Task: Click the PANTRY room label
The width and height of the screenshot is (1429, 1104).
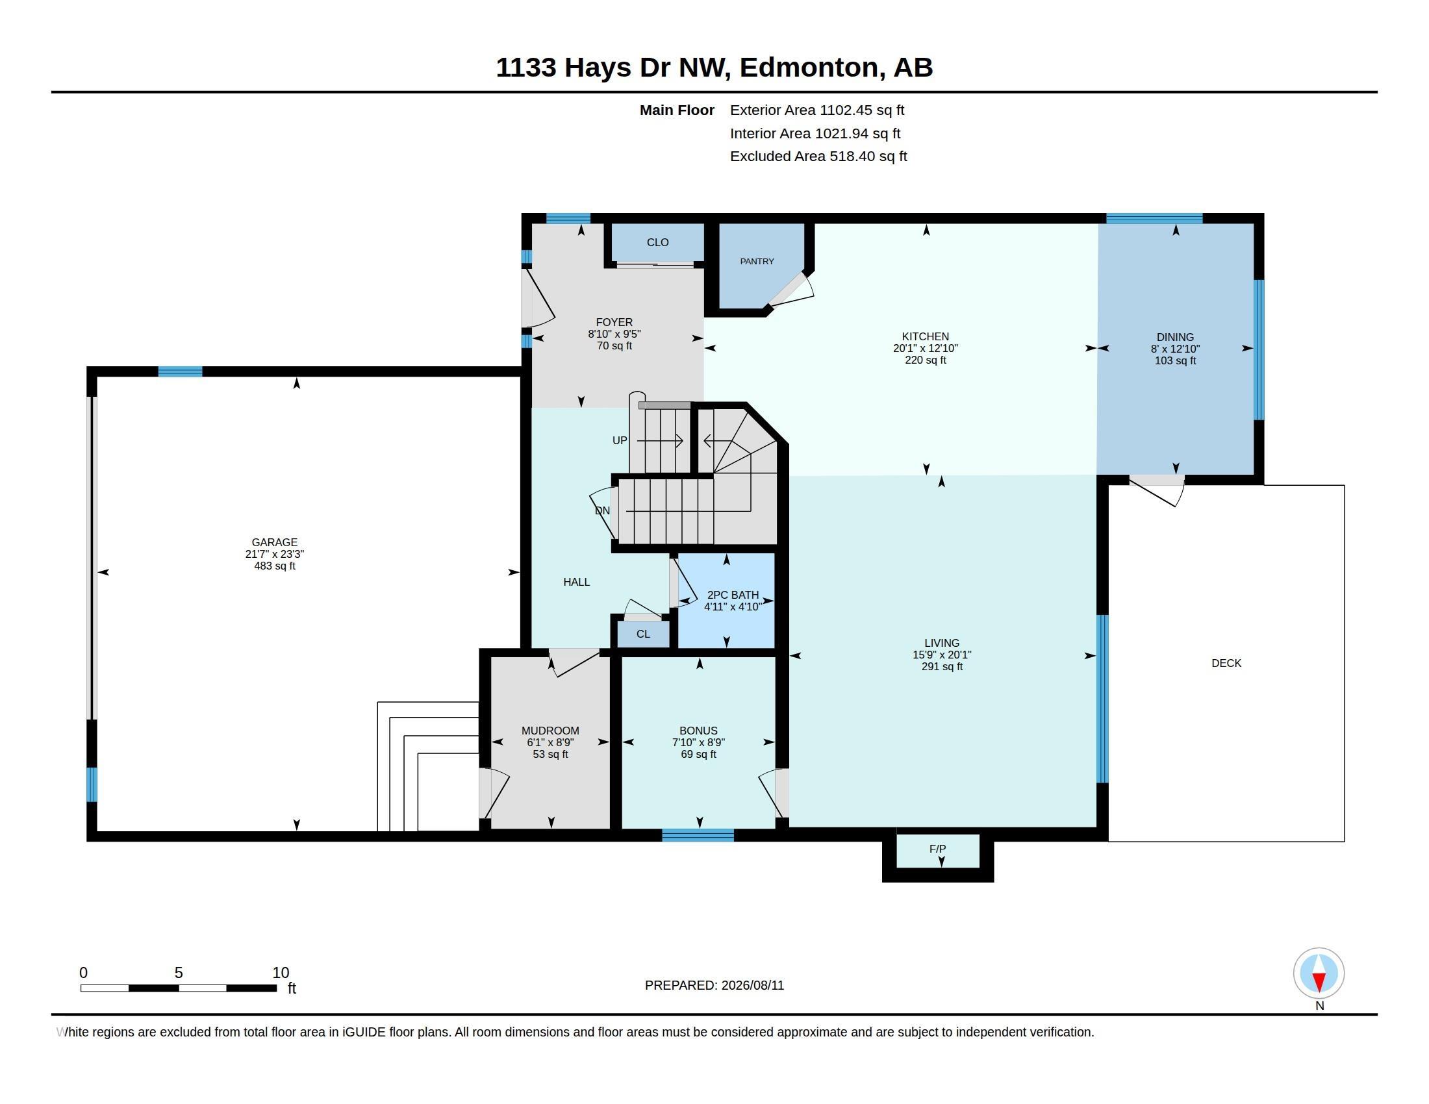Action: (x=757, y=262)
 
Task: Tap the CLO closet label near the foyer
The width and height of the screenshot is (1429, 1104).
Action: (x=657, y=243)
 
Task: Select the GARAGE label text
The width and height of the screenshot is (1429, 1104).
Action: (x=275, y=542)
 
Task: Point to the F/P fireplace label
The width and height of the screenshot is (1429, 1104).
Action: (x=937, y=849)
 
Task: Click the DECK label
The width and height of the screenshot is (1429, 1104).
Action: (x=1226, y=663)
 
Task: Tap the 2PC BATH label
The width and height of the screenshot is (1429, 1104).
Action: (x=733, y=595)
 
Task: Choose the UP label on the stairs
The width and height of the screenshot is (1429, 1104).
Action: (x=620, y=441)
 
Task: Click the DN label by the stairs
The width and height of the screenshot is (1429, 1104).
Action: (x=603, y=511)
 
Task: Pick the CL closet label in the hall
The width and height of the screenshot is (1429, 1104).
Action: (x=643, y=634)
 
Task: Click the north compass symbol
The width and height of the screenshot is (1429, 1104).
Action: (x=1319, y=973)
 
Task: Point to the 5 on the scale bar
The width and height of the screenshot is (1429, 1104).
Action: (x=179, y=973)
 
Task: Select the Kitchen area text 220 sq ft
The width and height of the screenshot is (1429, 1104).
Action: (x=925, y=360)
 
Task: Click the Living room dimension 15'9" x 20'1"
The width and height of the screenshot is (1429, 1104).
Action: (x=942, y=655)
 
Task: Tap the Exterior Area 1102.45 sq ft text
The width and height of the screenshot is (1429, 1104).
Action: (x=817, y=110)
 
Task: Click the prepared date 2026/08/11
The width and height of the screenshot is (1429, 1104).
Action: (x=752, y=986)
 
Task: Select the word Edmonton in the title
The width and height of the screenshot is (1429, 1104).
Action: (x=809, y=68)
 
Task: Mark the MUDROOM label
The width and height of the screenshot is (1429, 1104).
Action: (x=550, y=731)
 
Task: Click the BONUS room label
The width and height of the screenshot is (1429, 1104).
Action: (x=698, y=731)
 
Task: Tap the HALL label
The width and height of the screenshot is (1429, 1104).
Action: (x=576, y=582)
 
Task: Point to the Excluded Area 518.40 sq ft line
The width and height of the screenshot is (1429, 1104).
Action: (x=818, y=157)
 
